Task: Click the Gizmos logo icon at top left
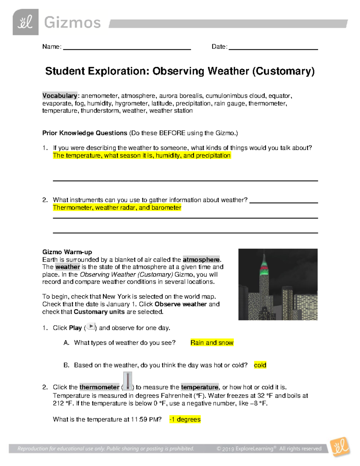[25, 22]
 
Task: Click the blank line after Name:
[127, 48]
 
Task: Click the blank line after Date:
[273, 48]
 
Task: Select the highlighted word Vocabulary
[60, 96]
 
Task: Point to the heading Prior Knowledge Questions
[85, 133]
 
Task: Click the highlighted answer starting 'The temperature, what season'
[142, 155]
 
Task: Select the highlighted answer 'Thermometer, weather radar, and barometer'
[117, 208]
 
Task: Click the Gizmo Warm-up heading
[67, 252]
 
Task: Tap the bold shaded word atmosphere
[201, 260]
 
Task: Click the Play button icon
[91, 327]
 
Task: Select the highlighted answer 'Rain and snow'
[212, 343]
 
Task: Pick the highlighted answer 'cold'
[260, 365]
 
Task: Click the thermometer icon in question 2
[127, 381]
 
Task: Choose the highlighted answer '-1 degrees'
[185, 419]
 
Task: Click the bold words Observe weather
[181, 304]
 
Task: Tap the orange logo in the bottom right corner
[340, 447]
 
